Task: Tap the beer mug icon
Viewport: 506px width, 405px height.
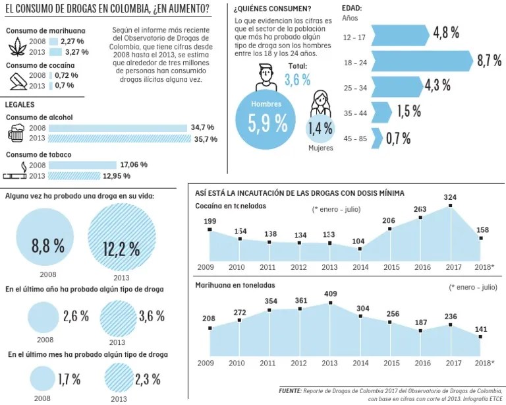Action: click(16, 133)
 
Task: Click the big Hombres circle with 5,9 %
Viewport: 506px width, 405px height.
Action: click(267, 121)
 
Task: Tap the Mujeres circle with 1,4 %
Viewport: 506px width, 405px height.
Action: click(321, 128)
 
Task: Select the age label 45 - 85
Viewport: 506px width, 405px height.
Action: click(356, 138)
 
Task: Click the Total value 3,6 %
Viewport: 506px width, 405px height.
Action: click(297, 79)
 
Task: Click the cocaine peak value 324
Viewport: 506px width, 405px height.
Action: click(451, 197)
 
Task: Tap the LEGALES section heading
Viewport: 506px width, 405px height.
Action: click(20, 105)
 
